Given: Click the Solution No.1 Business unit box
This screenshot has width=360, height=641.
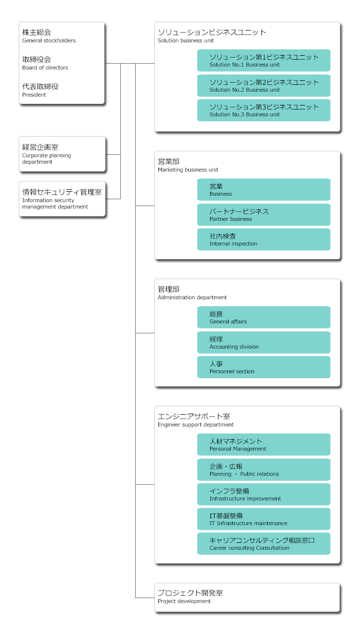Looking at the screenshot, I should pos(263,61).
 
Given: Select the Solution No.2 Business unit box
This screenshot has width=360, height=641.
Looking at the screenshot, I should pos(263,86).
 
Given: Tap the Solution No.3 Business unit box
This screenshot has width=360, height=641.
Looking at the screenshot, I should pos(263,110).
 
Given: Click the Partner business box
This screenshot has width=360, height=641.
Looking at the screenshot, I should pos(263,215).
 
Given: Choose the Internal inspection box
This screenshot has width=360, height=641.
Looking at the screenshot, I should pos(263,240).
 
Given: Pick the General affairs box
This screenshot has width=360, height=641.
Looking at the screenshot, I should pos(263,318).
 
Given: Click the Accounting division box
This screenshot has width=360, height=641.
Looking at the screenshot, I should pos(263,343).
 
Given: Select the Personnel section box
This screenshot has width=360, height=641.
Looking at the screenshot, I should pos(263,367).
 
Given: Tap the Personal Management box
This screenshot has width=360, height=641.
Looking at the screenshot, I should pos(263,445).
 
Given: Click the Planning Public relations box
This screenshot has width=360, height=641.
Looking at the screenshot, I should pos(263,470).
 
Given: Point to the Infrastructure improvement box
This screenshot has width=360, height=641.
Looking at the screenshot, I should pos(263,495).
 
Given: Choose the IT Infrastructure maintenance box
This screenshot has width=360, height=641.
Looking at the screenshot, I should pos(263,519).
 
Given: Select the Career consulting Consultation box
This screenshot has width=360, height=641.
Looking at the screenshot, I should pos(263,544).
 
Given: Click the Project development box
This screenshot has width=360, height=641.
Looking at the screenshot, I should pos(247,598).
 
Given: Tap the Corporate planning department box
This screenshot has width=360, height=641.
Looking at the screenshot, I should pos(62,154).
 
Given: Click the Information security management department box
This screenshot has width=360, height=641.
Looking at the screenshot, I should pos(62,199).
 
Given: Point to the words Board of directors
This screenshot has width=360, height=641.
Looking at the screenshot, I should pos(45,68).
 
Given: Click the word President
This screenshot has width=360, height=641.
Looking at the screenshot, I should pos(34,95).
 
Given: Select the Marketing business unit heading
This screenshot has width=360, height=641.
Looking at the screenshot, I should pos(188,170).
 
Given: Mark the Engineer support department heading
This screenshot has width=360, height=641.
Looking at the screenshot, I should pos(195,425).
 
